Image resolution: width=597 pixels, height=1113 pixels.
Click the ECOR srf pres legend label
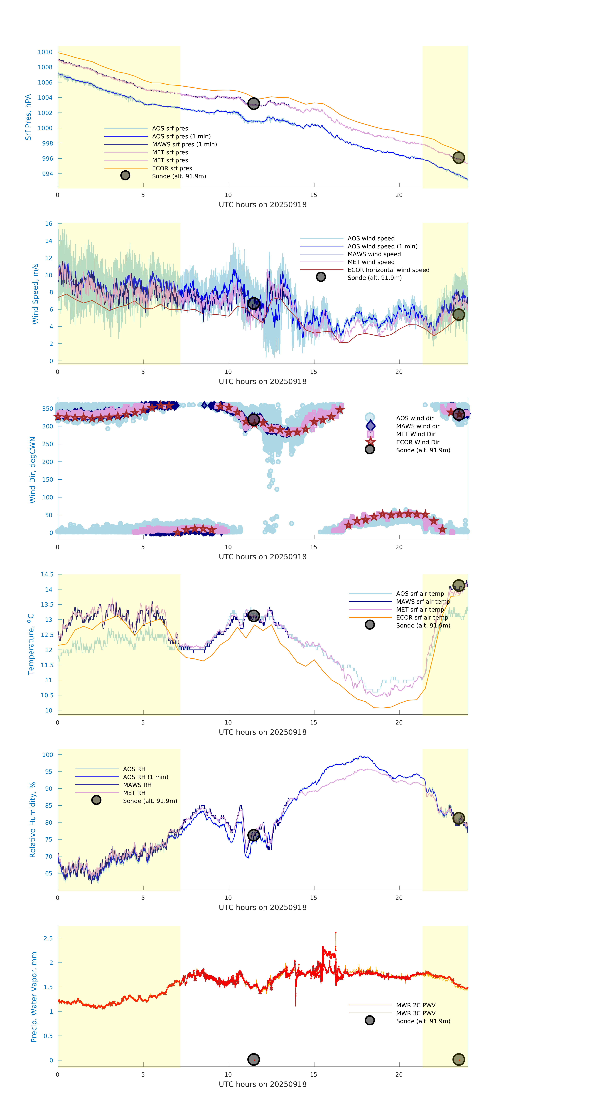point(172,168)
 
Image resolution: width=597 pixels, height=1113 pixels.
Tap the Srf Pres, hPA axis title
point(28,117)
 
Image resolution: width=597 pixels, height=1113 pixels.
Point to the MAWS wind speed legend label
point(374,254)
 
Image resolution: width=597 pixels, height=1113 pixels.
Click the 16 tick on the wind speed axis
point(49,224)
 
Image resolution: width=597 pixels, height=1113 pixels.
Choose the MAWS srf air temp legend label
point(423,601)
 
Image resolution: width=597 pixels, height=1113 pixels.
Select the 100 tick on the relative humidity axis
point(47,755)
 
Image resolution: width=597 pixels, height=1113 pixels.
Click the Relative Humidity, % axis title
point(32,820)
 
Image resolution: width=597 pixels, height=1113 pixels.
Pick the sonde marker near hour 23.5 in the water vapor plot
point(458,1059)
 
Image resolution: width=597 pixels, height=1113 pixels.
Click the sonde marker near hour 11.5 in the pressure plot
point(253,104)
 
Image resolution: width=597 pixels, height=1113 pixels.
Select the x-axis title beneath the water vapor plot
point(263,1084)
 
